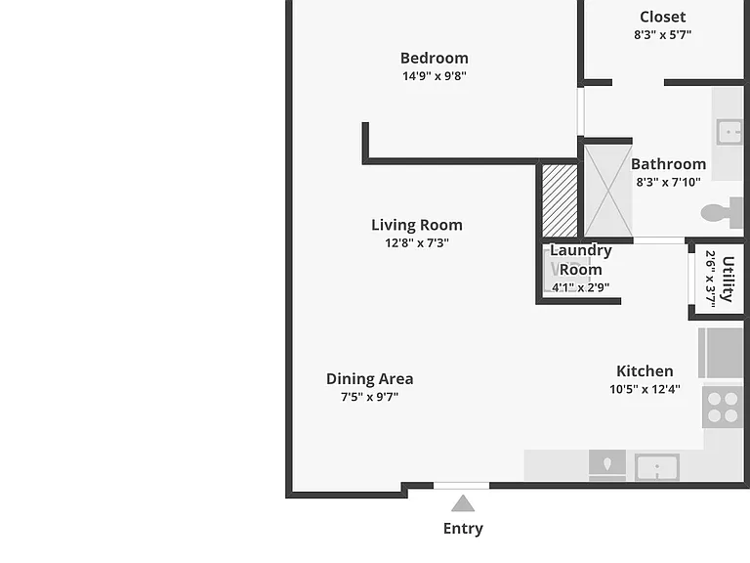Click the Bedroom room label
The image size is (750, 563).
[435, 58]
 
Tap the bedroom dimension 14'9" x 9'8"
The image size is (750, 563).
[435, 75]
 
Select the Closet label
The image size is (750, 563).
[662, 17]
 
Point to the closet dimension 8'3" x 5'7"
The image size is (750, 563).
[662, 34]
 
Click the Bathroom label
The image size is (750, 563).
[668, 164]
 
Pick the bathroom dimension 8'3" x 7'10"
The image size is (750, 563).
[668, 182]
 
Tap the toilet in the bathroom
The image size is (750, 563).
[723, 212]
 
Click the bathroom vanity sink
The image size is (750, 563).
[729, 132]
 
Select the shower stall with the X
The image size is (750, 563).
[608, 191]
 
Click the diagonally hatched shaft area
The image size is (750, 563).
[560, 200]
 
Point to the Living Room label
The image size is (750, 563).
[417, 225]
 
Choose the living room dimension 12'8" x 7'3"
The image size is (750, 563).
[417, 242]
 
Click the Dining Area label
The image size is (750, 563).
[370, 378]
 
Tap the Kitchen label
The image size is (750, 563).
[645, 371]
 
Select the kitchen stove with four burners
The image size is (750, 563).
[723, 407]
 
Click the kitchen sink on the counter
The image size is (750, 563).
[657, 467]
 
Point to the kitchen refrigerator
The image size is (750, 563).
[721, 353]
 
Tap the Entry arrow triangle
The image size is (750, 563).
[463, 503]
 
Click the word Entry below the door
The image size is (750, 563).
[463, 529]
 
